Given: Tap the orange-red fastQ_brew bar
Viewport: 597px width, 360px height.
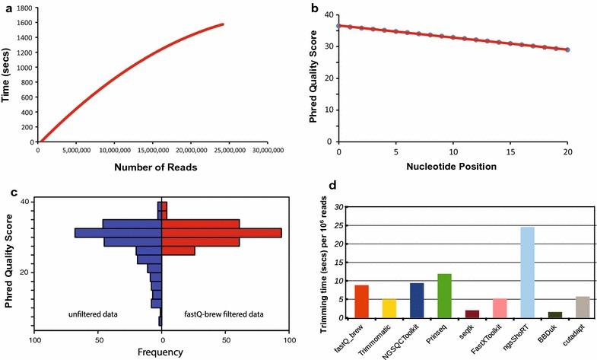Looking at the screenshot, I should coord(362,301).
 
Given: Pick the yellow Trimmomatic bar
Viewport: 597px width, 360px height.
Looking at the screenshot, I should coord(389,308).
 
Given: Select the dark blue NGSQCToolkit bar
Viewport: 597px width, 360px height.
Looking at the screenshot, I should coord(417,300).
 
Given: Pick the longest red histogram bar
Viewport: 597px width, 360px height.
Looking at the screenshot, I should coord(222,232).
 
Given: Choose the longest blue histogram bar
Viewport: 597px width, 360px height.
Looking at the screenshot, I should coord(118,232).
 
